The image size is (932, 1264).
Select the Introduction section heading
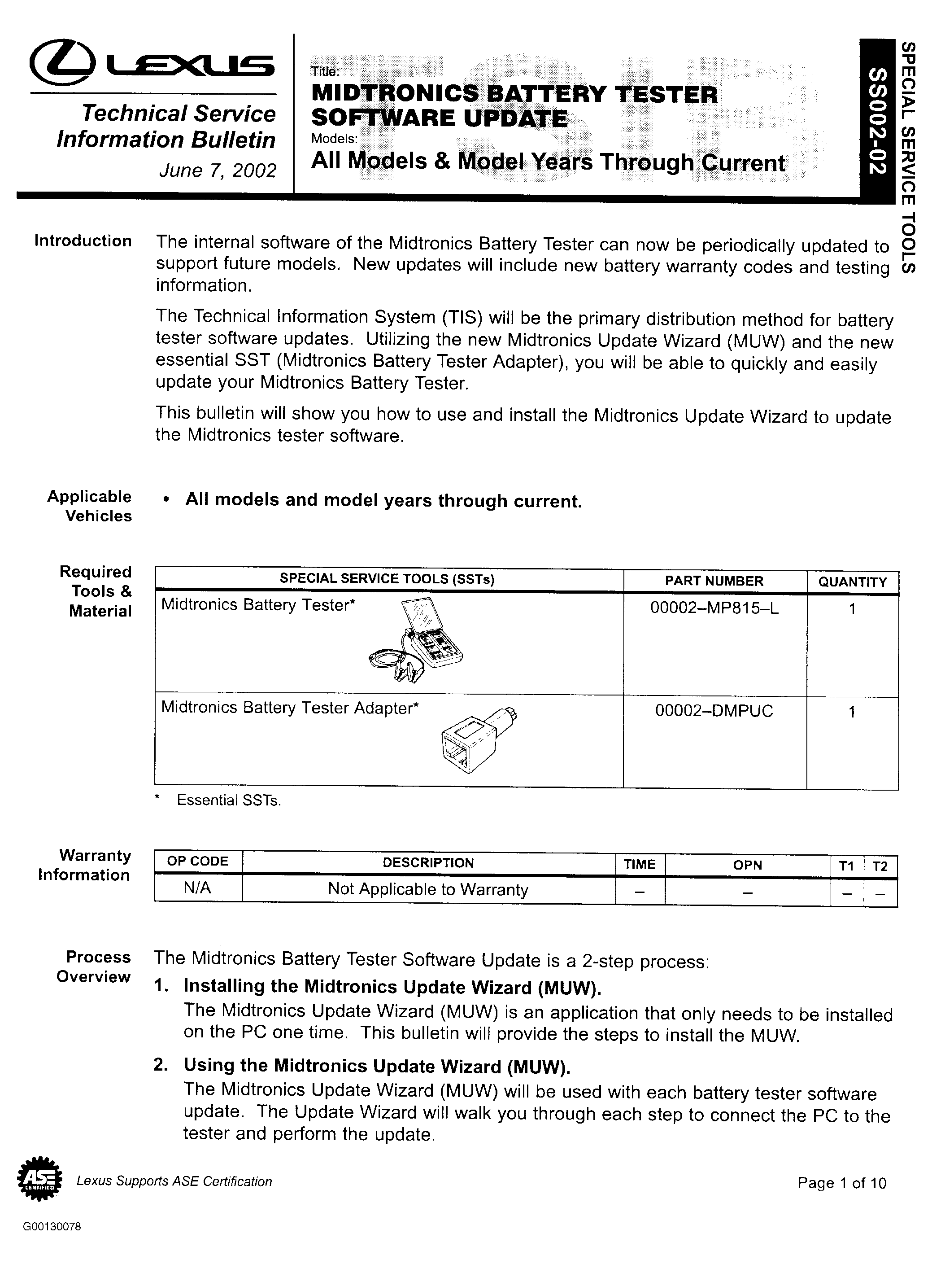pos(83,241)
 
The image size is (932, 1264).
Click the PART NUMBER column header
pos(714,581)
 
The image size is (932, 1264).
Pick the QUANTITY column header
pos(852,582)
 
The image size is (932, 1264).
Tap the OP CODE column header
pos(197,862)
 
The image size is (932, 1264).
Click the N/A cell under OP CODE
pos(197,888)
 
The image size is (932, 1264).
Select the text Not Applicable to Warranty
pos(428,890)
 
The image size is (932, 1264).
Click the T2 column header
pos(880,866)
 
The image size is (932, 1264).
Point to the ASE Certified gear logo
pos(40,1181)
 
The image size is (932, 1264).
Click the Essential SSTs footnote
pos(228,800)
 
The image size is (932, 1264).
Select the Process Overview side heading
pos(94,967)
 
